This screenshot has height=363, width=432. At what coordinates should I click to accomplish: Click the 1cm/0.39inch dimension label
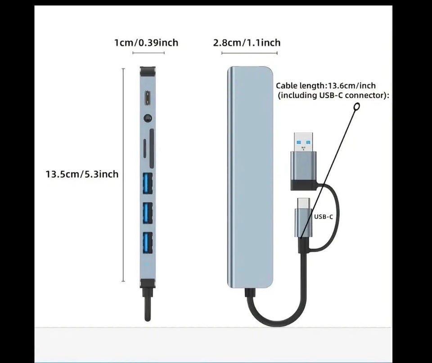pos(146,43)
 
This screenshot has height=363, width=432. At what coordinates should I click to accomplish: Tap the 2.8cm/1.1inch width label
pos(247,43)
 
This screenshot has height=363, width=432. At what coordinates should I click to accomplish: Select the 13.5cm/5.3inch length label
pos(82,174)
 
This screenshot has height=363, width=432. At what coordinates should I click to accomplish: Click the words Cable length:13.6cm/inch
pos(326,85)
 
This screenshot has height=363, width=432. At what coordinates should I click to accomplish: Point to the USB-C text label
pos(324,217)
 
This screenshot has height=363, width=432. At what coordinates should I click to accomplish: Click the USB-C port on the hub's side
pos(148,99)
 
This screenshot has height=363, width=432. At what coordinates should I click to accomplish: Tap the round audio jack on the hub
pos(148,118)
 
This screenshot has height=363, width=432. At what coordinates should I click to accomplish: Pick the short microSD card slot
pos(145,149)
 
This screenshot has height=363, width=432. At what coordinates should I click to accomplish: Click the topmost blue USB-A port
pos(148,184)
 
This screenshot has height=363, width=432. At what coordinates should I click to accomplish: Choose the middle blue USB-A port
pos(148,213)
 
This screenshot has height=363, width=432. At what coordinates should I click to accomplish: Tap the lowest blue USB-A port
pos(148,242)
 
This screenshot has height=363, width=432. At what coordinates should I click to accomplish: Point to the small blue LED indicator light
pos(147,264)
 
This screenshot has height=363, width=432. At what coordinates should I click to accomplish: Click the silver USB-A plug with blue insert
pos(303,161)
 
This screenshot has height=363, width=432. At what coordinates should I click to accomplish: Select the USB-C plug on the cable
pos(303,218)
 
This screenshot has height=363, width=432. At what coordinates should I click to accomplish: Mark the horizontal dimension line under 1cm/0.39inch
pos(148,53)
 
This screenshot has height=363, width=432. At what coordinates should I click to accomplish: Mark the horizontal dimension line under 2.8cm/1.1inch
pos(249,53)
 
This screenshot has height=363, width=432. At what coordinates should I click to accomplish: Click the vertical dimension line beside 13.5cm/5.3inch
pos(123,175)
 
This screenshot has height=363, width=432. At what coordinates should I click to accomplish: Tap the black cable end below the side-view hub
pos(148,305)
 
